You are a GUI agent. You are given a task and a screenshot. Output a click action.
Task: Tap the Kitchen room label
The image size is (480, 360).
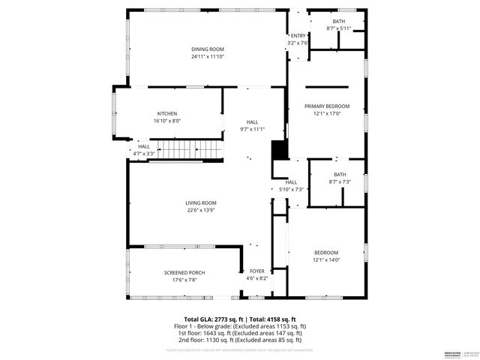[x=167, y=113]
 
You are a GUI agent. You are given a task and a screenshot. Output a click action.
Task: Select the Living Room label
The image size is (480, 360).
[x=201, y=203]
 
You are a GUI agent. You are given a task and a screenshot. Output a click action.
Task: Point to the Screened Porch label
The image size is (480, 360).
[x=184, y=272]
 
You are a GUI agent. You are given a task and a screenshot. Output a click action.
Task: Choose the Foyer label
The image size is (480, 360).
[x=257, y=271]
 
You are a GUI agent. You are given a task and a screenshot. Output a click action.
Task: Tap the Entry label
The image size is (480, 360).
[x=298, y=35]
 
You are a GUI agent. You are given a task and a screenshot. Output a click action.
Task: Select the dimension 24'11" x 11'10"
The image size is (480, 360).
[x=208, y=56]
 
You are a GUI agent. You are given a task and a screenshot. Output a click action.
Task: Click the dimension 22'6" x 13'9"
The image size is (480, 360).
[x=201, y=210]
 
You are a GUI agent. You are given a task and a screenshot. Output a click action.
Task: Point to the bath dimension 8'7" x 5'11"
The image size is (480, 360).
[x=339, y=28]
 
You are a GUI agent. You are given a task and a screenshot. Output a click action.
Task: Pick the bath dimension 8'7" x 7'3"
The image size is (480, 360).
[x=339, y=181]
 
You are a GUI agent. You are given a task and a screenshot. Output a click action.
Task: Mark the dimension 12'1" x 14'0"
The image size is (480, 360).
[x=326, y=259]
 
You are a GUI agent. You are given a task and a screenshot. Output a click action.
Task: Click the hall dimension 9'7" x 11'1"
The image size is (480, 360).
[x=253, y=129]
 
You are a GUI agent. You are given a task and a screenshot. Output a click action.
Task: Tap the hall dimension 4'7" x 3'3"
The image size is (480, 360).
[x=143, y=153]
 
